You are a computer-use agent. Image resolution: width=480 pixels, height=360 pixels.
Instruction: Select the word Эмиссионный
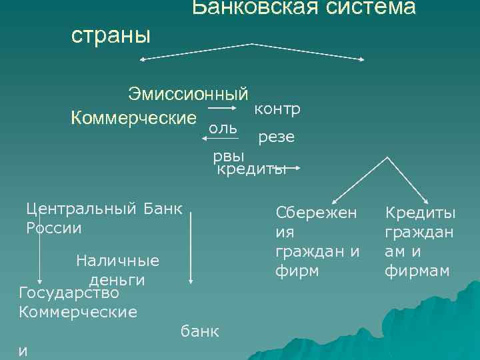point(189,93)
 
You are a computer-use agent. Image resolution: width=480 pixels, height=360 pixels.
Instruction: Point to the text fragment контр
point(277,108)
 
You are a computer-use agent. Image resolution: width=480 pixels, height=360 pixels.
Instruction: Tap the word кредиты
point(251,169)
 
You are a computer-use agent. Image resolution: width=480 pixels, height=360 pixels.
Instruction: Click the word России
point(54,227)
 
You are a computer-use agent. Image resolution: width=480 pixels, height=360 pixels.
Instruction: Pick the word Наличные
point(118,260)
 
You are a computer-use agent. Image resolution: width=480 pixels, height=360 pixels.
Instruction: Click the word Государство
point(69,293)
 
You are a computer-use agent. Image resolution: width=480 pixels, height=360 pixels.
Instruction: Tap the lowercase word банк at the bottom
point(201,331)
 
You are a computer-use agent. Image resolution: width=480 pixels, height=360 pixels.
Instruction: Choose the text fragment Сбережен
point(317,213)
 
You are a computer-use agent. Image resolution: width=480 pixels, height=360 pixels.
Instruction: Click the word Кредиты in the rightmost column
point(421,213)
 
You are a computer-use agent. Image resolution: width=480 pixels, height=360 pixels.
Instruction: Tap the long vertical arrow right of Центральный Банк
point(191,246)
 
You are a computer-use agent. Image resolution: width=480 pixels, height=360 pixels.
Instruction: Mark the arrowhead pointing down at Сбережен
point(335,199)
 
